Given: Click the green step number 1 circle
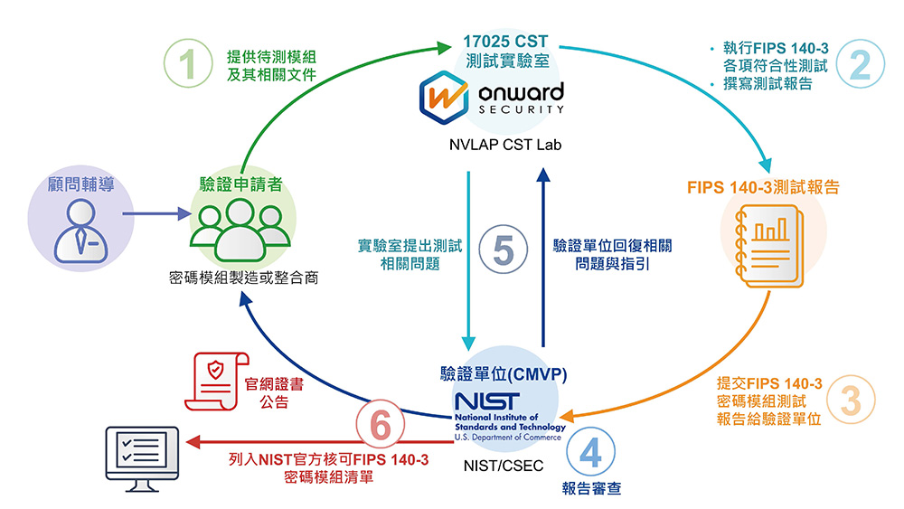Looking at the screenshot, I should tap(186, 67).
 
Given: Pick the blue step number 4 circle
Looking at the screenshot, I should tap(590, 452).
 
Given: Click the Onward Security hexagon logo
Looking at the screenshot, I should tap(442, 98).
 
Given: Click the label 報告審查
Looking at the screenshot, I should tap(590, 488).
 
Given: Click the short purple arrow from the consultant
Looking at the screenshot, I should tap(154, 215).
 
